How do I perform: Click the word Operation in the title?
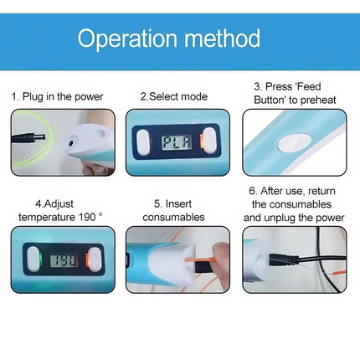(x=127, y=39)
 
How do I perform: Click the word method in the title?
(x=223, y=38)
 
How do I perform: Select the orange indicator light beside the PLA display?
(x=201, y=141)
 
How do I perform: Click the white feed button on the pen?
(x=294, y=142)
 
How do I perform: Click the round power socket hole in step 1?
(x=71, y=143)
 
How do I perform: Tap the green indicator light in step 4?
(x=40, y=260)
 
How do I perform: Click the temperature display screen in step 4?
(x=64, y=260)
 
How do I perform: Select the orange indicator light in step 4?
(x=86, y=260)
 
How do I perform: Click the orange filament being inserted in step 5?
(x=201, y=260)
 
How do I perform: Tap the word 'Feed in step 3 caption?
(x=308, y=86)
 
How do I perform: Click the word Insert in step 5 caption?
(x=178, y=203)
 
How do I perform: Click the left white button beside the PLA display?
(x=143, y=142)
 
